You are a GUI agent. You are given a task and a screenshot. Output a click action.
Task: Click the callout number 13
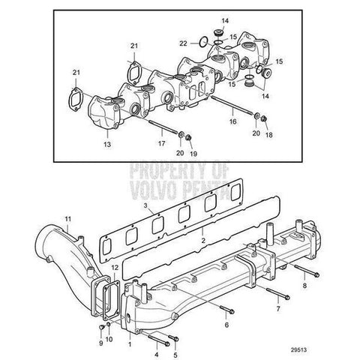click(x=107, y=145)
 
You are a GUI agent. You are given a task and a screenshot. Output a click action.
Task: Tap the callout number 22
click(x=183, y=43)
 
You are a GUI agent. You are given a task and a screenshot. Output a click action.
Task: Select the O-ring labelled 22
click(x=203, y=41)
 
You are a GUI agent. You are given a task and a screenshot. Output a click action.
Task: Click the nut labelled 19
click(x=189, y=137)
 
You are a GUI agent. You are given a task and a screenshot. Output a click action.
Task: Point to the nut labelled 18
click(x=264, y=118)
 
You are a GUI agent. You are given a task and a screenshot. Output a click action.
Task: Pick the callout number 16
click(x=232, y=121)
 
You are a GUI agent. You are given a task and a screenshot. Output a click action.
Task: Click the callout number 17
click(x=161, y=143)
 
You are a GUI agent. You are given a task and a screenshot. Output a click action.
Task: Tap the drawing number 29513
click(x=298, y=349)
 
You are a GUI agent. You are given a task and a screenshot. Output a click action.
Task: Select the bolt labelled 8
click(x=307, y=271)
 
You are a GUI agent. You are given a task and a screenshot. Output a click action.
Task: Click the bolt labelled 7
click(x=278, y=293)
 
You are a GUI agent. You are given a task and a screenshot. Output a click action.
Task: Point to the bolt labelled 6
click(x=227, y=309)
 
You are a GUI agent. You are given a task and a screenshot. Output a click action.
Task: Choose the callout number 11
click(x=68, y=219)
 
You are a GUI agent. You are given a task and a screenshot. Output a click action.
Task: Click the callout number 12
click(x=115, y=268)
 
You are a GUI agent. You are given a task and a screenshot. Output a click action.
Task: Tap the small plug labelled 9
click(x=101, y=326)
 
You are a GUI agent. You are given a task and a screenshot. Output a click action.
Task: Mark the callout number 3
click(x=145, y=205)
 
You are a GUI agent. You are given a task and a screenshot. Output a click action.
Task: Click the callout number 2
click(x=203, y=240)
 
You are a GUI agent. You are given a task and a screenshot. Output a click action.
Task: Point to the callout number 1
click(x=130, y=344)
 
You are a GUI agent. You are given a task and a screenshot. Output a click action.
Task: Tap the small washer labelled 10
click(x=109, y=324)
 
